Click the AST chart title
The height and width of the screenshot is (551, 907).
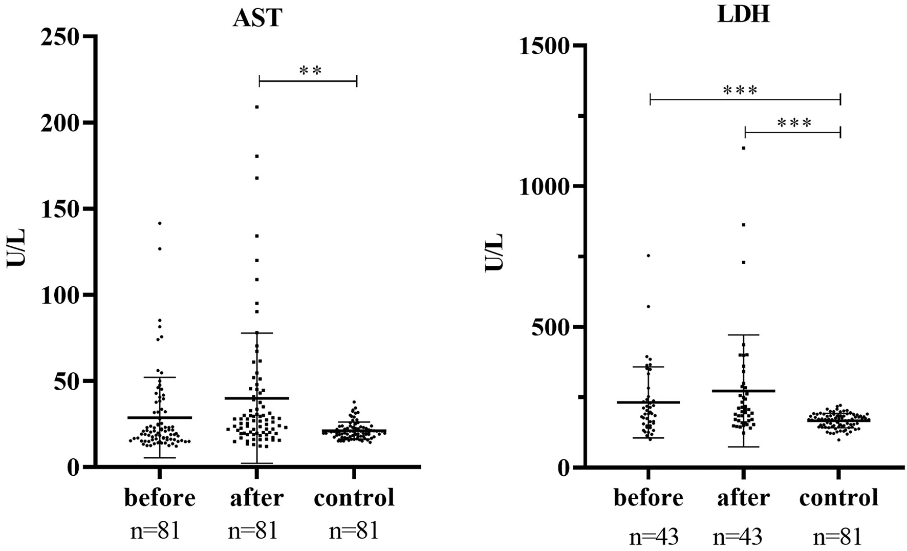(257, 18)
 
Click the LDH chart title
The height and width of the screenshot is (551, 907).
(743, 14)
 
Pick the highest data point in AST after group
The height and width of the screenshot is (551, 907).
(257, 107)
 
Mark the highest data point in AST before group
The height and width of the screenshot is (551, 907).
(160, 223)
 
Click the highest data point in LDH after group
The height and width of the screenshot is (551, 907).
(744, 148)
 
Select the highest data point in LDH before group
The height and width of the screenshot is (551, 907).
(649, 255)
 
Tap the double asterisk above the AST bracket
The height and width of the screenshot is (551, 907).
(310, 71)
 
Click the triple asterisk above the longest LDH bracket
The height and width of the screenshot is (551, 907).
(740, 91)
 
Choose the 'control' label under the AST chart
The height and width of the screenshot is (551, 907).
(354, 498)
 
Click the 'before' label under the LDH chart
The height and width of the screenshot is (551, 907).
(649, 498)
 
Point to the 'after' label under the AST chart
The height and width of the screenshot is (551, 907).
(257, 498)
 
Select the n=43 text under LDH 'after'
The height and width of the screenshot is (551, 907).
(738, 537)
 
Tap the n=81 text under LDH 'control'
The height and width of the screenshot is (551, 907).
(837, 537)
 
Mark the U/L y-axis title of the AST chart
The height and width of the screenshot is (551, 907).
(16, 248)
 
